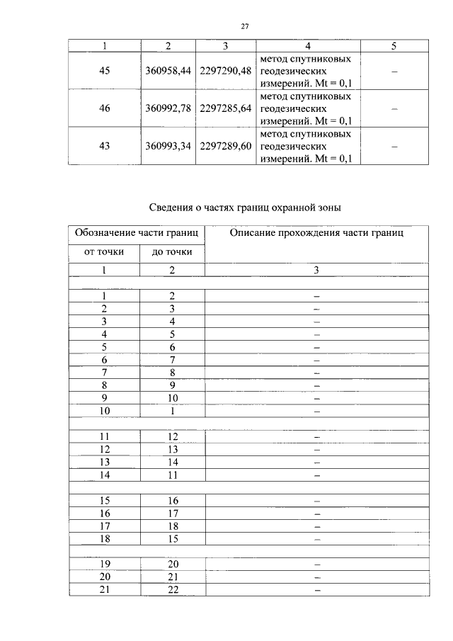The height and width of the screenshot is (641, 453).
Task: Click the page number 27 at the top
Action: click(244, 26)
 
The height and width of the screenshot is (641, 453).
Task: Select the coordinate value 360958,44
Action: click(168, 72)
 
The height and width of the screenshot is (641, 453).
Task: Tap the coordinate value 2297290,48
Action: click(225, 72)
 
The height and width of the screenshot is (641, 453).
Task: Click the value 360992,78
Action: click(168, 109)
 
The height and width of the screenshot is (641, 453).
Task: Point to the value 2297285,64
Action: click(225, 109)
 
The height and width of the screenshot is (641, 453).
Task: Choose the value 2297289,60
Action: click(225, 147)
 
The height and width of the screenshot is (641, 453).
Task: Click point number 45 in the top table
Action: click(105, 72)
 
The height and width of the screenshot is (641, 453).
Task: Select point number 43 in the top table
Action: click(105, 147)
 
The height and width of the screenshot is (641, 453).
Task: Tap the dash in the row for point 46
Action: click(394, 109)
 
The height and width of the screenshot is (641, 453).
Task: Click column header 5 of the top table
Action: click(394, 46)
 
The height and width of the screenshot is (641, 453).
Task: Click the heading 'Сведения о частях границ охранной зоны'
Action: click(245, 208)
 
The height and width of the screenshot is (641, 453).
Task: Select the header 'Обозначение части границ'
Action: click(137, 233)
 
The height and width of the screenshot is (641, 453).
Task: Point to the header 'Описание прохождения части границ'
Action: click(316, 233)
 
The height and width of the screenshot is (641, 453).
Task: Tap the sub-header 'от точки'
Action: click(104, 252)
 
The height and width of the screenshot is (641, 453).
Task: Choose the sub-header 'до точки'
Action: click(172, 252)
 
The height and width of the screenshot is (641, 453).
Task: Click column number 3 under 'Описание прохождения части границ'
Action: click(316, 270)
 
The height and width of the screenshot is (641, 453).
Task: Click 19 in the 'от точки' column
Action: click(105, 565)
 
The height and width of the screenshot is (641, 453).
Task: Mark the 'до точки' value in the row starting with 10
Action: click(172, 410)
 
